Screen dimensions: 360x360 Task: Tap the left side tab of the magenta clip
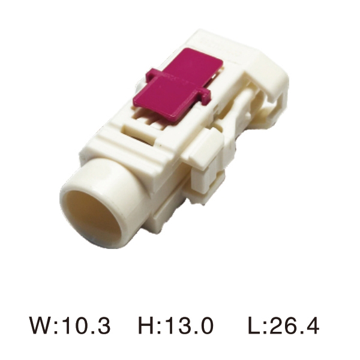pos(152,74)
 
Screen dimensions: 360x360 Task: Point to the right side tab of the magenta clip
pos(205,98)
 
